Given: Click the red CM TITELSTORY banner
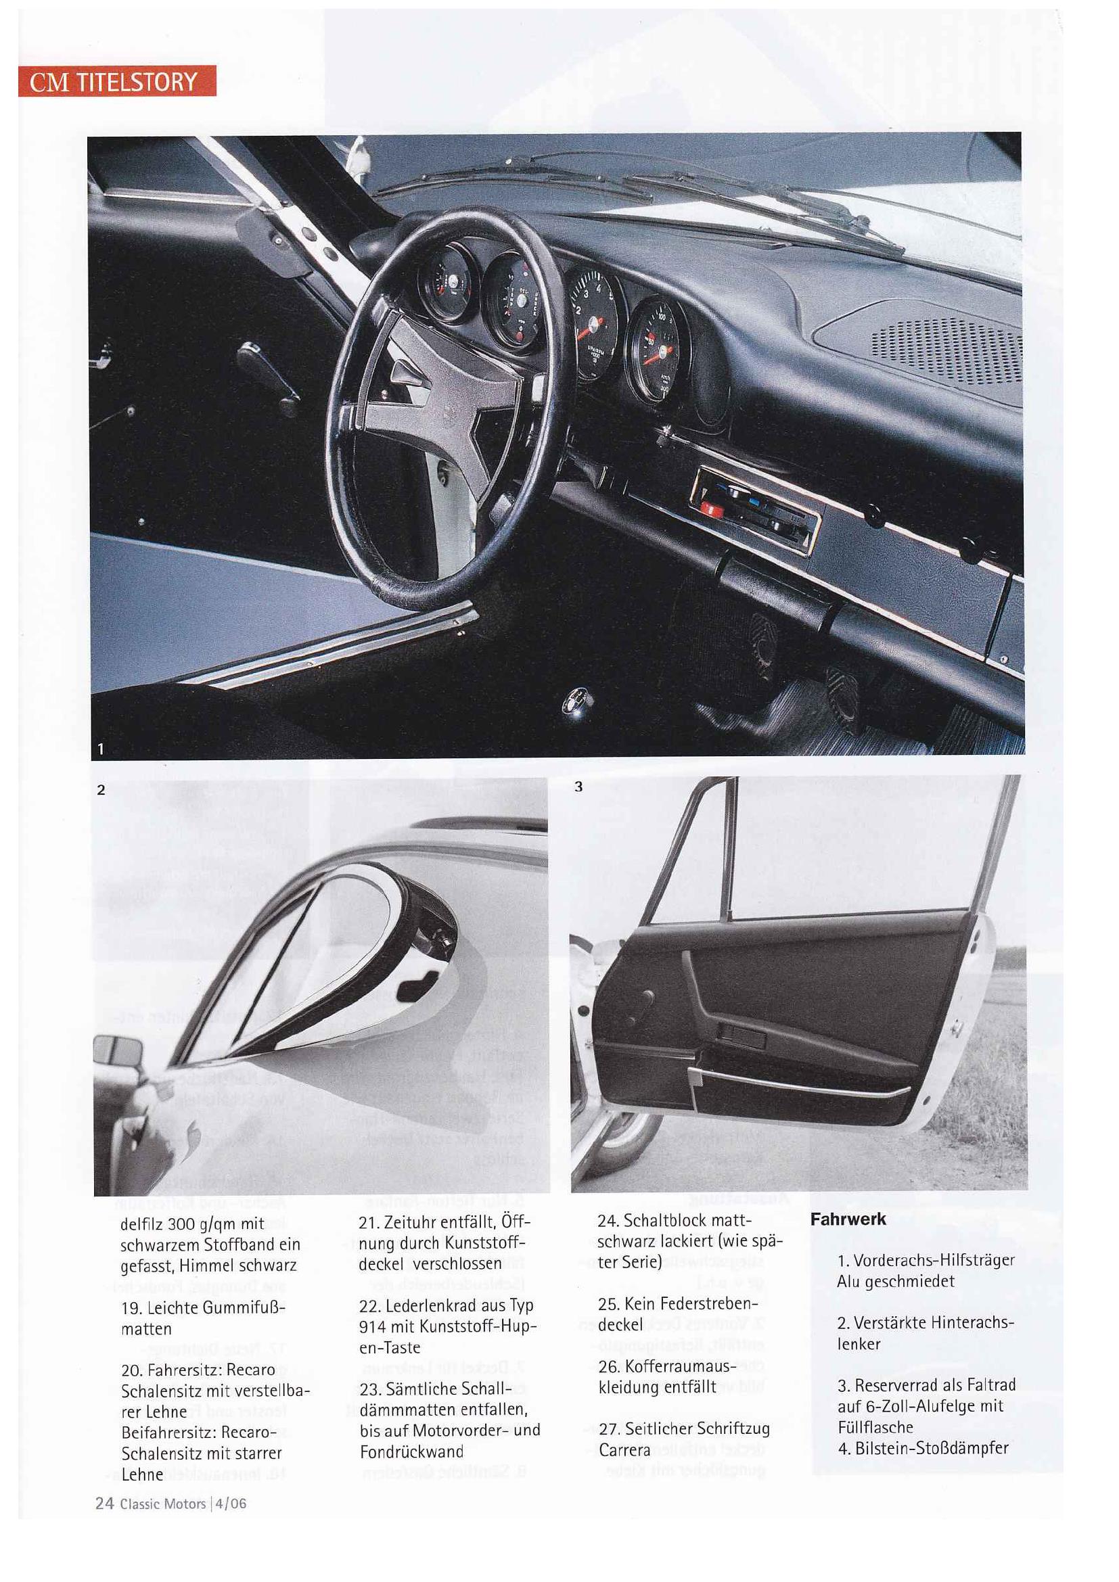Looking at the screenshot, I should [x=116, y=81].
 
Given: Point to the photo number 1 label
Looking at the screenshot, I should [x=101, y=748].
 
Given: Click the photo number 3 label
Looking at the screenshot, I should [x=578, y=786].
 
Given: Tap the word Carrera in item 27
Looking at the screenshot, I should [x=624, y=1450].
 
